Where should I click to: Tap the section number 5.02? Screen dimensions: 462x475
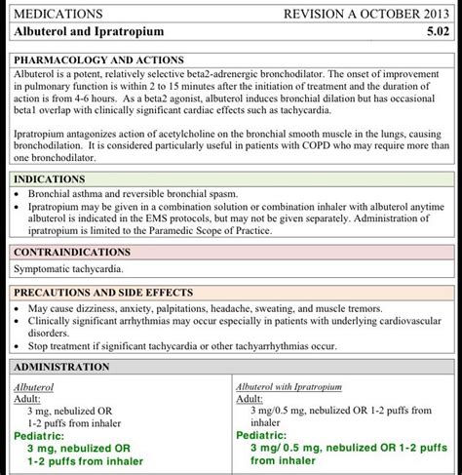(434, 32)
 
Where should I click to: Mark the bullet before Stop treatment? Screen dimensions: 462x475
(19, 345)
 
